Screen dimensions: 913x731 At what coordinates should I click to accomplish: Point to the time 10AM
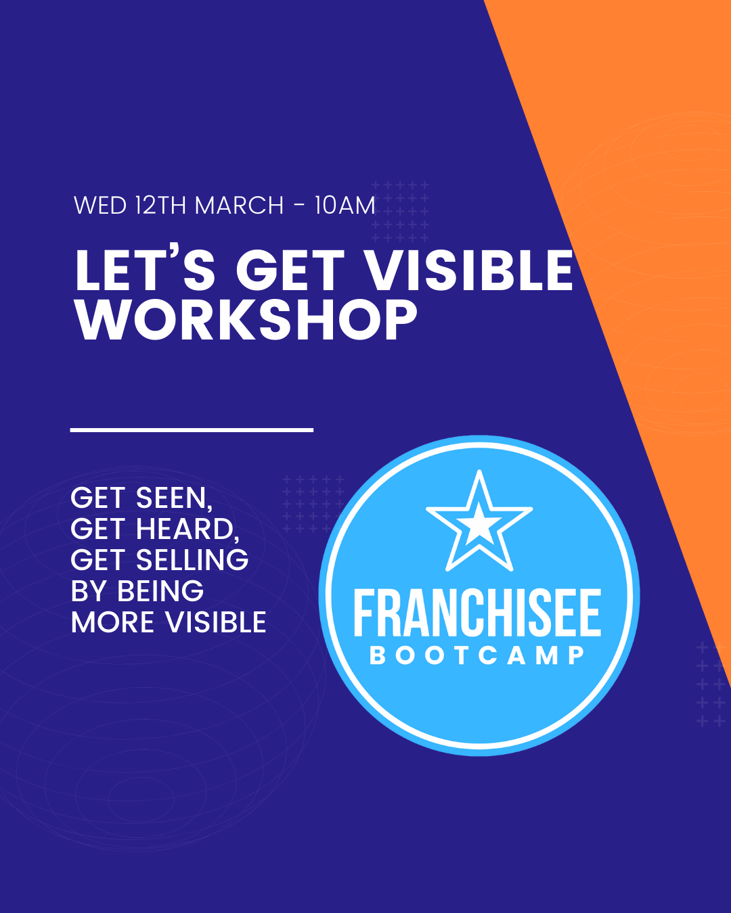(345, 206)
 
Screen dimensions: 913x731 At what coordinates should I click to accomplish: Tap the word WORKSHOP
(246, 320)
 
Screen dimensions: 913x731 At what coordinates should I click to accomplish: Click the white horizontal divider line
(192, 429)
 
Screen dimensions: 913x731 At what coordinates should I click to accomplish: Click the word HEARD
(187, 530)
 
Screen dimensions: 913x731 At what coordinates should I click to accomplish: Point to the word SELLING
(192, 561)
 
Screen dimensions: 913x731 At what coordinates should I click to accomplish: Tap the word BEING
(160, 592)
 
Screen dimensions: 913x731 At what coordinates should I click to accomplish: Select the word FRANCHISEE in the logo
(477, 614)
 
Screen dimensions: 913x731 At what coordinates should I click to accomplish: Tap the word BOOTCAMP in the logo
(477, 655)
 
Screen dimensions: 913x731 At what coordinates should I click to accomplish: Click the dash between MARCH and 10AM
(299, 206)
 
